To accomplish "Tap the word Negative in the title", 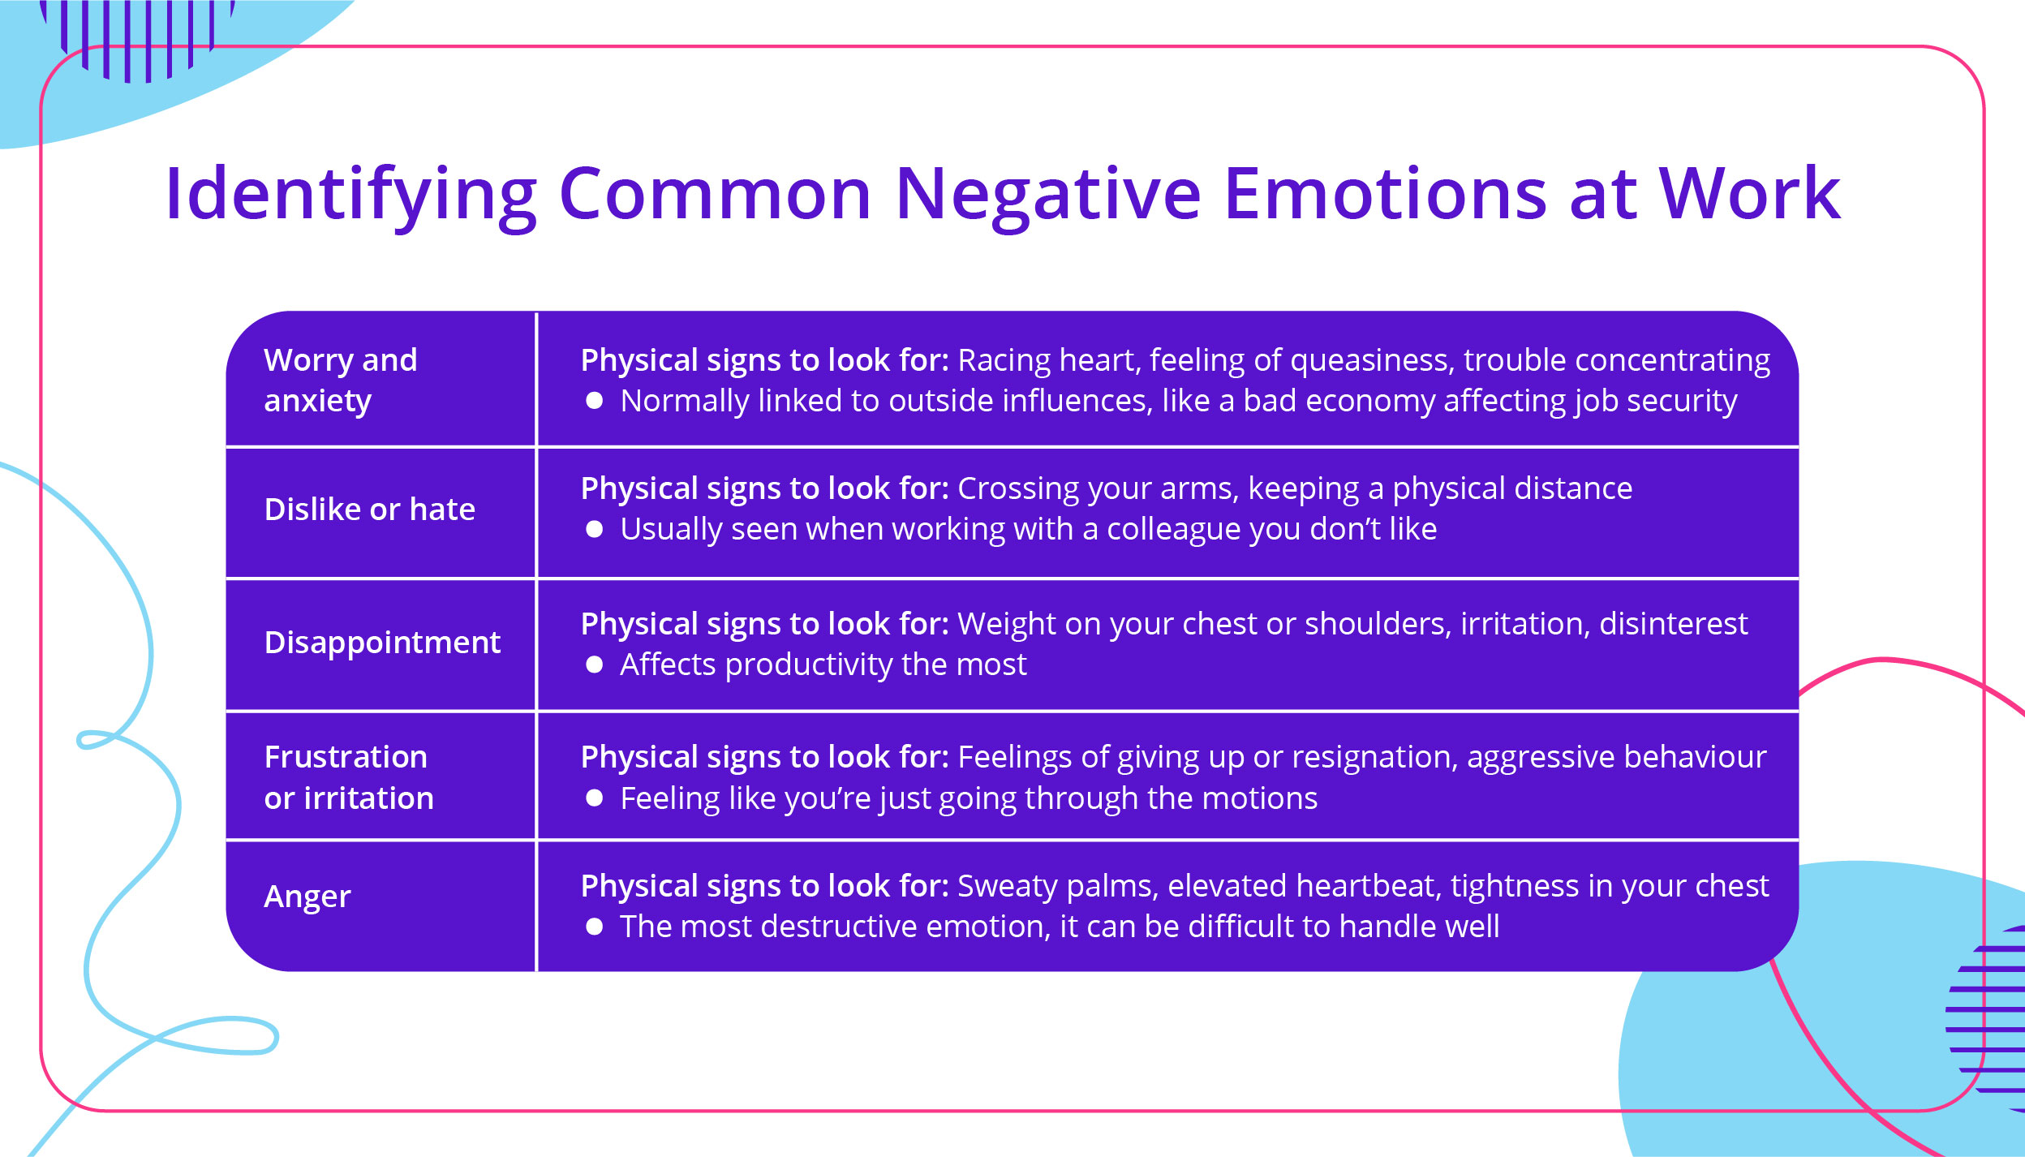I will click(1047, 195).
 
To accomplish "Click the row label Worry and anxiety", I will click(341, 380).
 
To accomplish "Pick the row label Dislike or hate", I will click(370, 510).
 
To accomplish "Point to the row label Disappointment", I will click(382, 643).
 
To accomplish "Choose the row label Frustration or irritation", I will click(349, 777).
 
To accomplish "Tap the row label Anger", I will click(307, 897).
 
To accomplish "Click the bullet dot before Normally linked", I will click(595, 401).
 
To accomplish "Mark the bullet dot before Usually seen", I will click(595, 530).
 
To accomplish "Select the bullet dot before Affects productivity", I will click(595, 665).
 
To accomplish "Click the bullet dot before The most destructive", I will click(595, 927).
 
